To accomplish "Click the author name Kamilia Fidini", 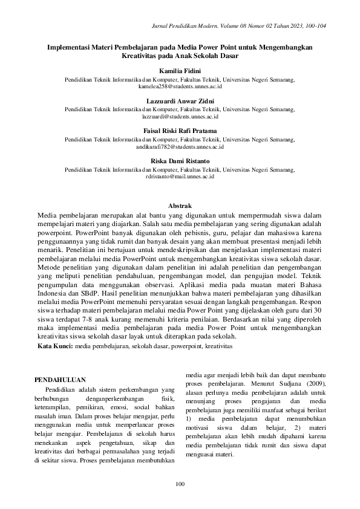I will pyautogui.click(x=180, y=71).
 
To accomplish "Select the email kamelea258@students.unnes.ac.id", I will pyautogui.click(x=180, y=86).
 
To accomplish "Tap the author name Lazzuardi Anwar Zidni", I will pyautogui.click(x=180, y=100).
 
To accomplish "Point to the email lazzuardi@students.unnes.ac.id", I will pyautogui.click(x=180, y=115).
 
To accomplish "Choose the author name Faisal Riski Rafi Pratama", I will pyautogui.click(x=180, y=131).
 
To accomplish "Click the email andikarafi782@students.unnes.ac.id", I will pyautogui.click(x=180, y=146).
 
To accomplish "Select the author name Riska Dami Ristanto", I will pyautogui.click(x=180, y=160).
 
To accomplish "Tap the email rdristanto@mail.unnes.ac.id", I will pyautogui.click(x=180, y=176).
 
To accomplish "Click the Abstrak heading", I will pyautogui.click(x=180, y=206).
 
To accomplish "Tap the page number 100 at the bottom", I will pyautogui.click(x=180, y=483).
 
